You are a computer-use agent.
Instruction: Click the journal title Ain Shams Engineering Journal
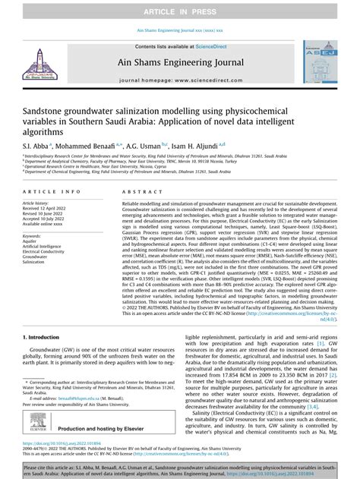pos(180,64)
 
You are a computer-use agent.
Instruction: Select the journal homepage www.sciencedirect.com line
pos(180,79)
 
